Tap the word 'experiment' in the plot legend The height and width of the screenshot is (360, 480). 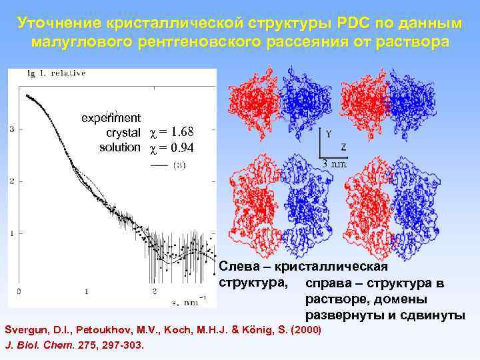coord(111,119)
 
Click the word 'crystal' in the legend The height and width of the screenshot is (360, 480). coord(123,133)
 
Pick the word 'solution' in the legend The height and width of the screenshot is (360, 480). coord(120,147)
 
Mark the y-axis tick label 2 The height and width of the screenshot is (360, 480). coord(13,181)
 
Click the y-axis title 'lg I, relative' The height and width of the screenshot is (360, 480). coord(56,74)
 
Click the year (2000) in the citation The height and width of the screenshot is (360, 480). coord(307,330)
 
